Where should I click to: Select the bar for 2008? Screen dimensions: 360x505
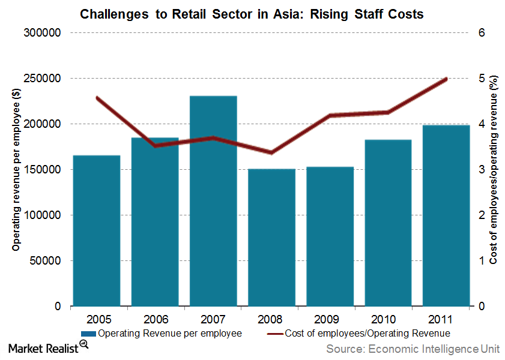point(271,238)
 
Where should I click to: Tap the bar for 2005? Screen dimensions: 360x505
point(96,231)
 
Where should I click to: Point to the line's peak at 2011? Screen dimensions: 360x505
point(446,79)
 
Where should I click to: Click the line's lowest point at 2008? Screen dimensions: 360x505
point(271,152)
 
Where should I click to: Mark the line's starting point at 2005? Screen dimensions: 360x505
point(97,97)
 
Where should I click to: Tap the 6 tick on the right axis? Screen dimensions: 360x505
point(481,33)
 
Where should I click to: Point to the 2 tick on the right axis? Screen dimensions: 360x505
point(481,215)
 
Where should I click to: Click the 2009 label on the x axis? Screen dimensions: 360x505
point(330,319)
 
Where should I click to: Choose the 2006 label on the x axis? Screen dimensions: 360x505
point(155,319)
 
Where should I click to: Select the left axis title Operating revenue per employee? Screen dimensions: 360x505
point(16,169)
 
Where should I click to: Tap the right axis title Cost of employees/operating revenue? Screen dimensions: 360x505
point(493,169)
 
